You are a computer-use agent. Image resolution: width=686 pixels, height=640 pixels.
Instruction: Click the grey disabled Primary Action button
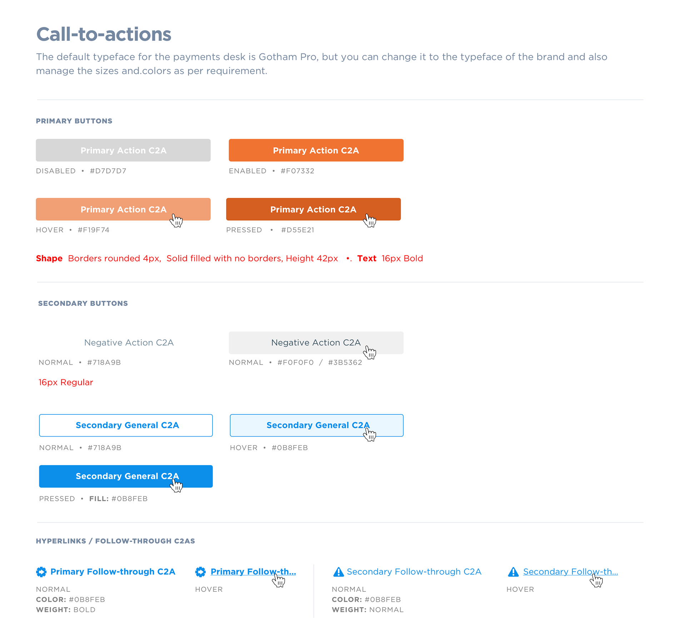123,150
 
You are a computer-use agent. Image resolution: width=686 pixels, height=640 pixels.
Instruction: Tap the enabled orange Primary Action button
316,150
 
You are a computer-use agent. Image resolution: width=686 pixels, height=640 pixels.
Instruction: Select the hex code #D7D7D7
108,171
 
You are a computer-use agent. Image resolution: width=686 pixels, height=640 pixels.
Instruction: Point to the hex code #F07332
298,171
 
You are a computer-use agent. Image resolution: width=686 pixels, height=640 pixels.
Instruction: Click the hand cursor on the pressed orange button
369,221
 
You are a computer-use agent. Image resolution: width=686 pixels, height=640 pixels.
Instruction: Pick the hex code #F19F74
94,230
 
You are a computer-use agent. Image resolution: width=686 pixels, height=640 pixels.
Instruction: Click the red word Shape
49,259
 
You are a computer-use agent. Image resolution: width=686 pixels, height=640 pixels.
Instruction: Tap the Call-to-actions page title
104,34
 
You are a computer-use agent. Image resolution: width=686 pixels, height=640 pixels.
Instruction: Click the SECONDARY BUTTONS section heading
83,304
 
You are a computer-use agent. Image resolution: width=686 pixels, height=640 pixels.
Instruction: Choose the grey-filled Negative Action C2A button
316,343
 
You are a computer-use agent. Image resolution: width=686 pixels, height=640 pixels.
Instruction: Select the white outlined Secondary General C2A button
126,425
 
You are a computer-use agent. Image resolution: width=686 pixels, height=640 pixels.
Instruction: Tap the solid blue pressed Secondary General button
126,476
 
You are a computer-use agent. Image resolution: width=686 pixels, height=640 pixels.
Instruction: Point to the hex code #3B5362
345,363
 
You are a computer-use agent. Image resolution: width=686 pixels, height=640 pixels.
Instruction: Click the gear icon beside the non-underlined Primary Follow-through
41,572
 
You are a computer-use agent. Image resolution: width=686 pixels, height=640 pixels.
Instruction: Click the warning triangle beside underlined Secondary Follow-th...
513,572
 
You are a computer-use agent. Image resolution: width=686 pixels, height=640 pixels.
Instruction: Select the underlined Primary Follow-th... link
253,572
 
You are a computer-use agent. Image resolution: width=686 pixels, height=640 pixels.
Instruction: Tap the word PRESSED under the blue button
57,499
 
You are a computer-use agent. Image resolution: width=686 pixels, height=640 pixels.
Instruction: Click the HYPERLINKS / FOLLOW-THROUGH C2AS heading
115,541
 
